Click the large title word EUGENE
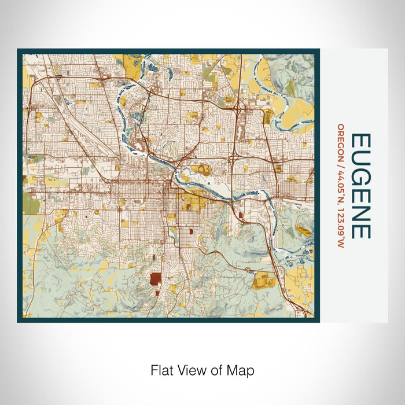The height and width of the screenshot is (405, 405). pyautogui.click(x=360, y=186)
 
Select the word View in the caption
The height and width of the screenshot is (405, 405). pyautogui.click(x=192, y=370)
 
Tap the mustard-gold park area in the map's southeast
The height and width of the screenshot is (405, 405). pyautogui.click(x=264, y=281)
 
